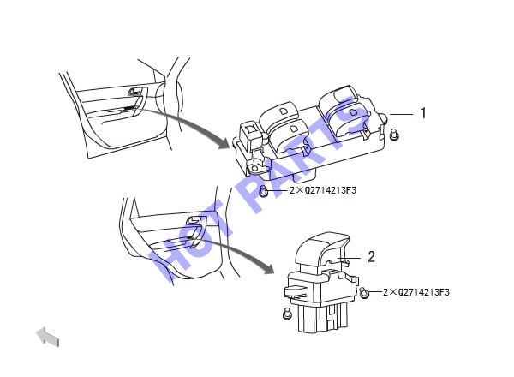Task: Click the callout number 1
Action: coord(423,113)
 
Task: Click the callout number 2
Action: coord(371,257)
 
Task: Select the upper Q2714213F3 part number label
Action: coord(323,190)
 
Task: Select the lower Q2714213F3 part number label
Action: coord(416,292)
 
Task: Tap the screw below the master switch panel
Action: coord(264,191)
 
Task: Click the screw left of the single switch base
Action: coord(286,314)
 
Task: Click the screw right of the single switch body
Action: coord(364,292)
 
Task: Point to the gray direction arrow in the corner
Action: coord(48,337)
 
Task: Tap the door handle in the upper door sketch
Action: coord(135,91)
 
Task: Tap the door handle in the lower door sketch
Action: coord(194,220)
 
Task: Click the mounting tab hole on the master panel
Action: coord(254,169)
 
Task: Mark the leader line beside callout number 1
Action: coord(402,114)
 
